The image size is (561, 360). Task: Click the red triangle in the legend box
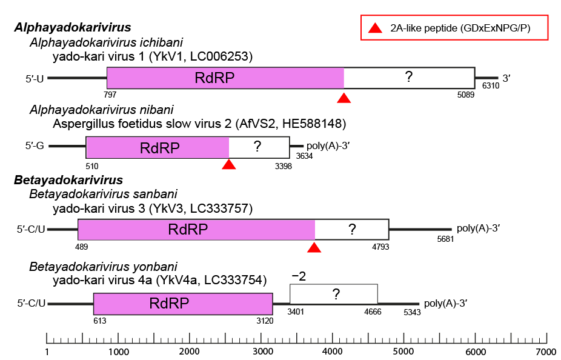(376, 28)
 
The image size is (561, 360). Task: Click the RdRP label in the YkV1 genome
(214, 78)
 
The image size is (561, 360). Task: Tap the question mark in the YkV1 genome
(409, 77)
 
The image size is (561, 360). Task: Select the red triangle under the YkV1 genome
(344, 98)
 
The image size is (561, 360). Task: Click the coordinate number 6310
(490, 87)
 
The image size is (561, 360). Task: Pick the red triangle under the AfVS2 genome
(228, 164)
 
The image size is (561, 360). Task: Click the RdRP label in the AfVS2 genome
(158, 147)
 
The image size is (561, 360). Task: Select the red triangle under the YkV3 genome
(314, 247)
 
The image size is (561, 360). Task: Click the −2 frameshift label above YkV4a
(299, 276)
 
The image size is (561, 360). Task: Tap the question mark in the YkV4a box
(334, 294)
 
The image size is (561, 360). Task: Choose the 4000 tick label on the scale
(332, 352)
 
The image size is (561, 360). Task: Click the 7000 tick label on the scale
(546, 352)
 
